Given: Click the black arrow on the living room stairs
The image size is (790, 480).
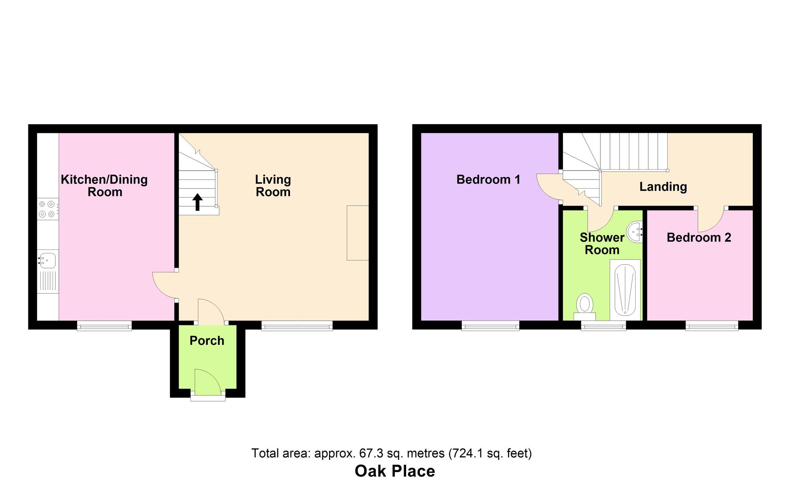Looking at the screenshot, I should coord(197,202).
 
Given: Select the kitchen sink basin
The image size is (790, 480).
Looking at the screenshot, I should coord(48,261).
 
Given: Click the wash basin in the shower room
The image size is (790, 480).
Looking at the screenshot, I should coord(635,232).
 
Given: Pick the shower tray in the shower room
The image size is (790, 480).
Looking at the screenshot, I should coord(625,290).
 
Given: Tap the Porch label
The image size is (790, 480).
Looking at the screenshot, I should coord(207,341).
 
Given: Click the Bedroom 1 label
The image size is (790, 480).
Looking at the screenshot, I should coord(488,180).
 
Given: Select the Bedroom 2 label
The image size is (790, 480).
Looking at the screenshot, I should coord(698,238).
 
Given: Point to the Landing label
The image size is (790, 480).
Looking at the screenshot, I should coord(663,187).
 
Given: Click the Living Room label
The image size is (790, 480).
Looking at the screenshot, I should coord(273,186).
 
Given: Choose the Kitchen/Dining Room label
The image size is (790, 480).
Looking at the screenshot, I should coord(104,186).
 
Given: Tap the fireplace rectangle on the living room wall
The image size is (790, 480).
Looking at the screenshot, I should coord(357,233).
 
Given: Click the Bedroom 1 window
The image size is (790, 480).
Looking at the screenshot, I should coord(490,326).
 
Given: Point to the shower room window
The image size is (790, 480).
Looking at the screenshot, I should coord(603,326).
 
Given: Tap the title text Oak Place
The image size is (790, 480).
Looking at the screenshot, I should coord(395,471).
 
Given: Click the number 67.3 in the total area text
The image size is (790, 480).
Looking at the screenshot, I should coord(372,453).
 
